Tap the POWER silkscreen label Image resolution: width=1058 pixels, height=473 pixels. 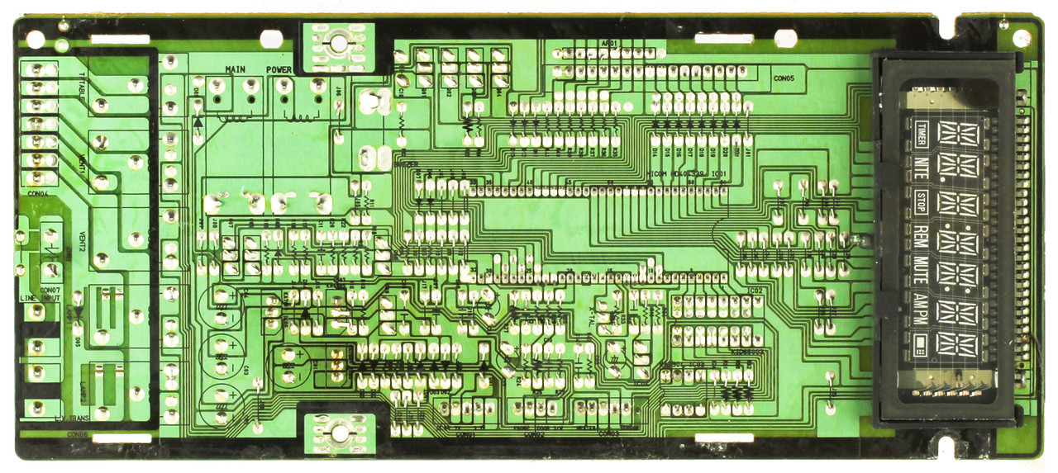pyautogui.click(x=279, y=69)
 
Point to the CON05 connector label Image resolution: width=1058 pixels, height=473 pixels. pyautogui.click(x=784, y=79)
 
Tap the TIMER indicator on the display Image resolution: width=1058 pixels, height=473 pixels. pyautogui.click(x=922, y=131)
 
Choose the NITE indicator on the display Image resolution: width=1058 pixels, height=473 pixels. pyautogui.click(x=922, y=165)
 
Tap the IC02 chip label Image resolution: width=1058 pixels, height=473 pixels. pyautogui.click(x=755, y=291)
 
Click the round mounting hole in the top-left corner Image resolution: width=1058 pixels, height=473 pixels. pyautogui.click(x=36, y=39)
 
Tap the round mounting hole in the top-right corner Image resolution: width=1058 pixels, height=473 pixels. pyautogui.click(x=1022, y=38)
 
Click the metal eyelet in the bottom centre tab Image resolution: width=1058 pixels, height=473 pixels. pyautogui.click(x=338, y=431)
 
